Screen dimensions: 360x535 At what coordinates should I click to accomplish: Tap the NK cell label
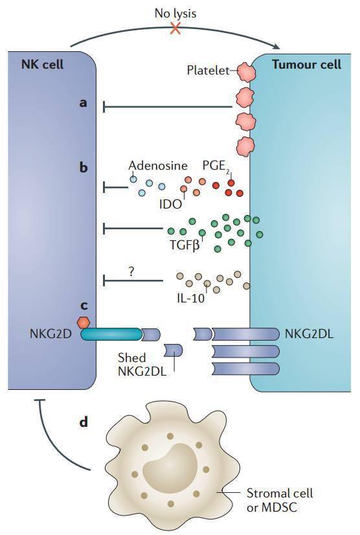point(42,64)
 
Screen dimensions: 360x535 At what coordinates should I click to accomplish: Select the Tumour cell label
point(307,64)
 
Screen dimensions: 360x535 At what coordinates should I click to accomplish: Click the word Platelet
point(208,71)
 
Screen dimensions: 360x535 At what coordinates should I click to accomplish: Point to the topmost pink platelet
point(246,72)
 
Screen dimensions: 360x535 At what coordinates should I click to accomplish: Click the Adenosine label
point(158,165)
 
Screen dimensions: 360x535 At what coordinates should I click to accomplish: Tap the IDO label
point(171,204)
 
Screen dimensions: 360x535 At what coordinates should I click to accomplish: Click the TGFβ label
point(185,245)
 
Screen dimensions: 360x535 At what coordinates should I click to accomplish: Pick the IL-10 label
point(191,298)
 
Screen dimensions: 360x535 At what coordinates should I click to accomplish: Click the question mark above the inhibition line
point(131,271)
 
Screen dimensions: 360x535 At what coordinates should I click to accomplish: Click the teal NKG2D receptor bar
point(111,334)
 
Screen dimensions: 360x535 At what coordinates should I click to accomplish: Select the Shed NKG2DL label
point(142,364)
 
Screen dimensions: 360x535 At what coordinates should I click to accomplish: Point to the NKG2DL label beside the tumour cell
point(309,334)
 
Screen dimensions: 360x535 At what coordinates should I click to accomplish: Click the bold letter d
point(84,422)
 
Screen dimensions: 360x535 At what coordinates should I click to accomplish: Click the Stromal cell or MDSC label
point(280,500)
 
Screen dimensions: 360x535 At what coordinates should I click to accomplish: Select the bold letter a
point(83,102)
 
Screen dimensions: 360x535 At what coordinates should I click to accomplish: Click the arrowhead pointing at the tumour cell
point(277,47)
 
